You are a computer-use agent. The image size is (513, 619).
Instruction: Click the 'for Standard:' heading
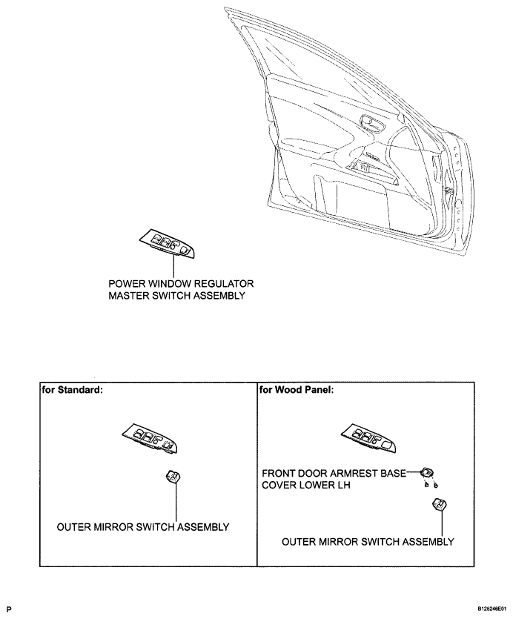[x=72, y=388]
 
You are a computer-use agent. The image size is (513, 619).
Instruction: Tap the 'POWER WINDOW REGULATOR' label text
[x=181, y=284]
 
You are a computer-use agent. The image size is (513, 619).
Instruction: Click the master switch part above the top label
[x=168, y=242]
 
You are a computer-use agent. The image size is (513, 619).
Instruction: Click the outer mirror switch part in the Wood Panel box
[x=439, y=507]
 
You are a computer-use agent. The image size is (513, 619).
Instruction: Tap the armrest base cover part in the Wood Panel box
[x=427, y=471]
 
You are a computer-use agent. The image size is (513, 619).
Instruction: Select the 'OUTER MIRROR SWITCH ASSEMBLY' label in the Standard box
[x=144, y=527]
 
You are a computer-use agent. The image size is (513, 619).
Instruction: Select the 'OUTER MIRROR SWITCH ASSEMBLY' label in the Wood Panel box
[x=368, y=542]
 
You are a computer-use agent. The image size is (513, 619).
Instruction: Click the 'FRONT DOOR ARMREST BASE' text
[x=333, y=472]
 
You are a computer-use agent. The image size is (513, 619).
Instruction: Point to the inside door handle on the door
[x=368, y=120]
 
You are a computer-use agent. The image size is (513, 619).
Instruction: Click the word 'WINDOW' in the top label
[x=167, y=284]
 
